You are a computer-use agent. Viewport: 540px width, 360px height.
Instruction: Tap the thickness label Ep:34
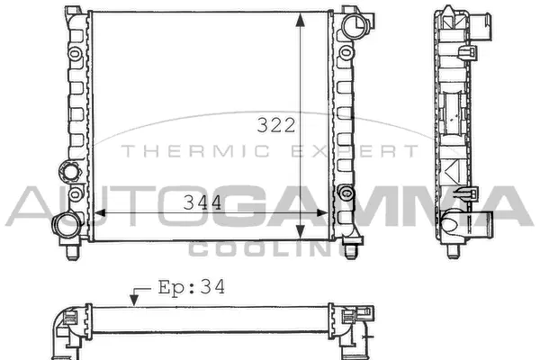point(190,288)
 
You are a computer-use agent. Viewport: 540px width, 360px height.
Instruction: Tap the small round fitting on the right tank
point(346,192)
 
